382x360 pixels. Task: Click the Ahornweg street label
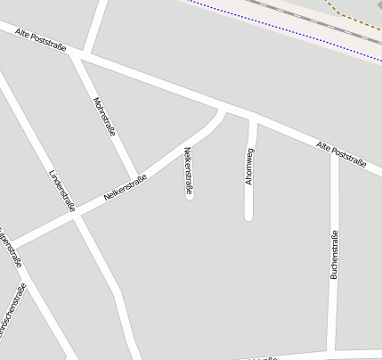coord(250,167)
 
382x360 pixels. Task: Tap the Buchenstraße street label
coord(335,255)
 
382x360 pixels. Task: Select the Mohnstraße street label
coord(105,117)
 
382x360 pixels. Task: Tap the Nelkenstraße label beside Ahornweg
coord(189,171)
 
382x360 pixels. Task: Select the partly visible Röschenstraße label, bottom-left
coord(12,311)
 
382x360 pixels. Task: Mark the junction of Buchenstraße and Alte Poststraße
coord(335,151)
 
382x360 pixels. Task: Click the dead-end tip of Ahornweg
coord(249,217)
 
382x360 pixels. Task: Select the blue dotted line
coord(285,31)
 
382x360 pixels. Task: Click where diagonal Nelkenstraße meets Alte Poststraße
coord(222,110)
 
